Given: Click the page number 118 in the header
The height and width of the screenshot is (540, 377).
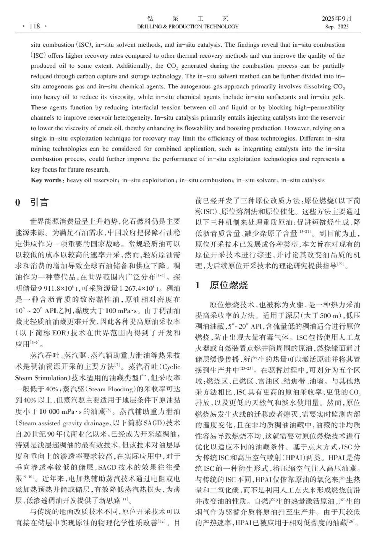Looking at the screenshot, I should coord(35,26).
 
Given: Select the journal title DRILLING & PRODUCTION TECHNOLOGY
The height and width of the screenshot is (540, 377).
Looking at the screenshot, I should coord(188,27).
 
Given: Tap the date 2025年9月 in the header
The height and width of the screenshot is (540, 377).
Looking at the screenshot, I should coord(337,19).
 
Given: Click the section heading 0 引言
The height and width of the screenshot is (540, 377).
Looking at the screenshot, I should coord(32,202).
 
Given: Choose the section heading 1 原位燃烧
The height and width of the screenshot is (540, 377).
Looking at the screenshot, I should coord(222,285).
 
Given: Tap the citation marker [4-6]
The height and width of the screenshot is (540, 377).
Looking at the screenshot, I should coord(35,342).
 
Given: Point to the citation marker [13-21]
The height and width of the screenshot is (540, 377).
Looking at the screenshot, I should coord(303,231).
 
